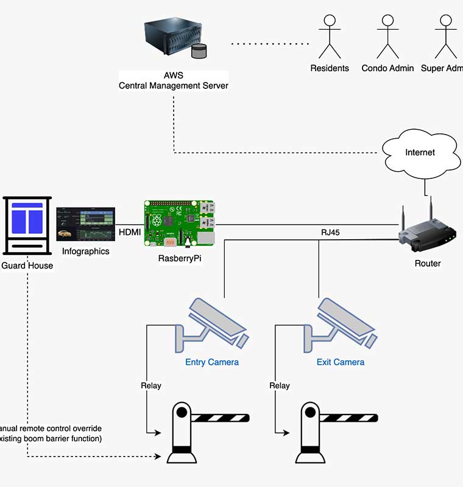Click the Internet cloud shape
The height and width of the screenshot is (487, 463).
[x=420, y=154]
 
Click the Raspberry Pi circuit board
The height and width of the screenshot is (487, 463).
[x=178, y=224]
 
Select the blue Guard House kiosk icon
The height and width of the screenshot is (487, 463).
[x=27, y=225]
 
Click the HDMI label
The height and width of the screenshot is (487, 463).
[x=129, y=232]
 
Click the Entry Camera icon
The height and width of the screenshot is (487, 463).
[x=213, y=326]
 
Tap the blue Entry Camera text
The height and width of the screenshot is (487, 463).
[x=212, y=362]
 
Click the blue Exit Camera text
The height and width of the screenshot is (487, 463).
[x=341, y=362]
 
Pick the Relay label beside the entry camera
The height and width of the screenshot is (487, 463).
[x=151, y=385]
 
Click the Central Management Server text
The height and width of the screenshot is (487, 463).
[x=174, y=86]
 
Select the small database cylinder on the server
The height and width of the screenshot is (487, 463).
[x=199, y=51]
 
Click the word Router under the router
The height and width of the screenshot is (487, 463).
[x=428, y=264]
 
